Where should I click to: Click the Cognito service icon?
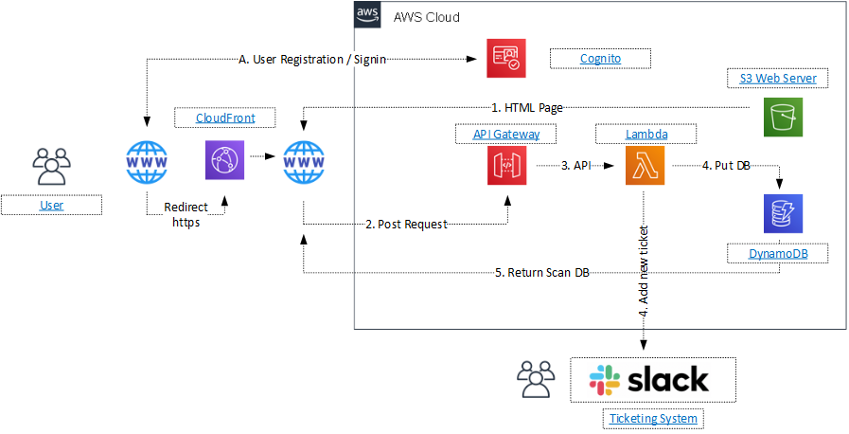pos(505,59)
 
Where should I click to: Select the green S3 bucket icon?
pos(783,118)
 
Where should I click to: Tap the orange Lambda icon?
pos(645,166)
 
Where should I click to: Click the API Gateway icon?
pos(506,165)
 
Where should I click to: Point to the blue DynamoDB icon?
pos(782,214)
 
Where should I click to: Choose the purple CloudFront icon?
pos(224,160)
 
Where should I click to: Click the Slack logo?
pos(648,379)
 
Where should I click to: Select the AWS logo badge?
pos(367,14)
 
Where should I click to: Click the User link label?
pos(51,206)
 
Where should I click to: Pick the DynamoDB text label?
pos(777,254)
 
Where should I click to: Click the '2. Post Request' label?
pos(407,224)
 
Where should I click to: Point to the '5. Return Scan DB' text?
pos(542,273)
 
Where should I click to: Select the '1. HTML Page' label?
pos(527,108)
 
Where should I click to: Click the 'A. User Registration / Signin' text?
pos(312,60)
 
